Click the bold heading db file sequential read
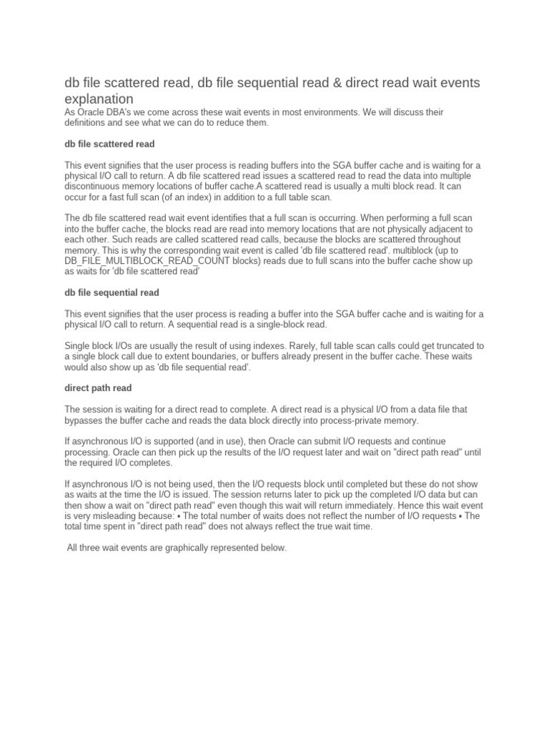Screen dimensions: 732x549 112,292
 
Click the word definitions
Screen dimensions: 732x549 88,123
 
